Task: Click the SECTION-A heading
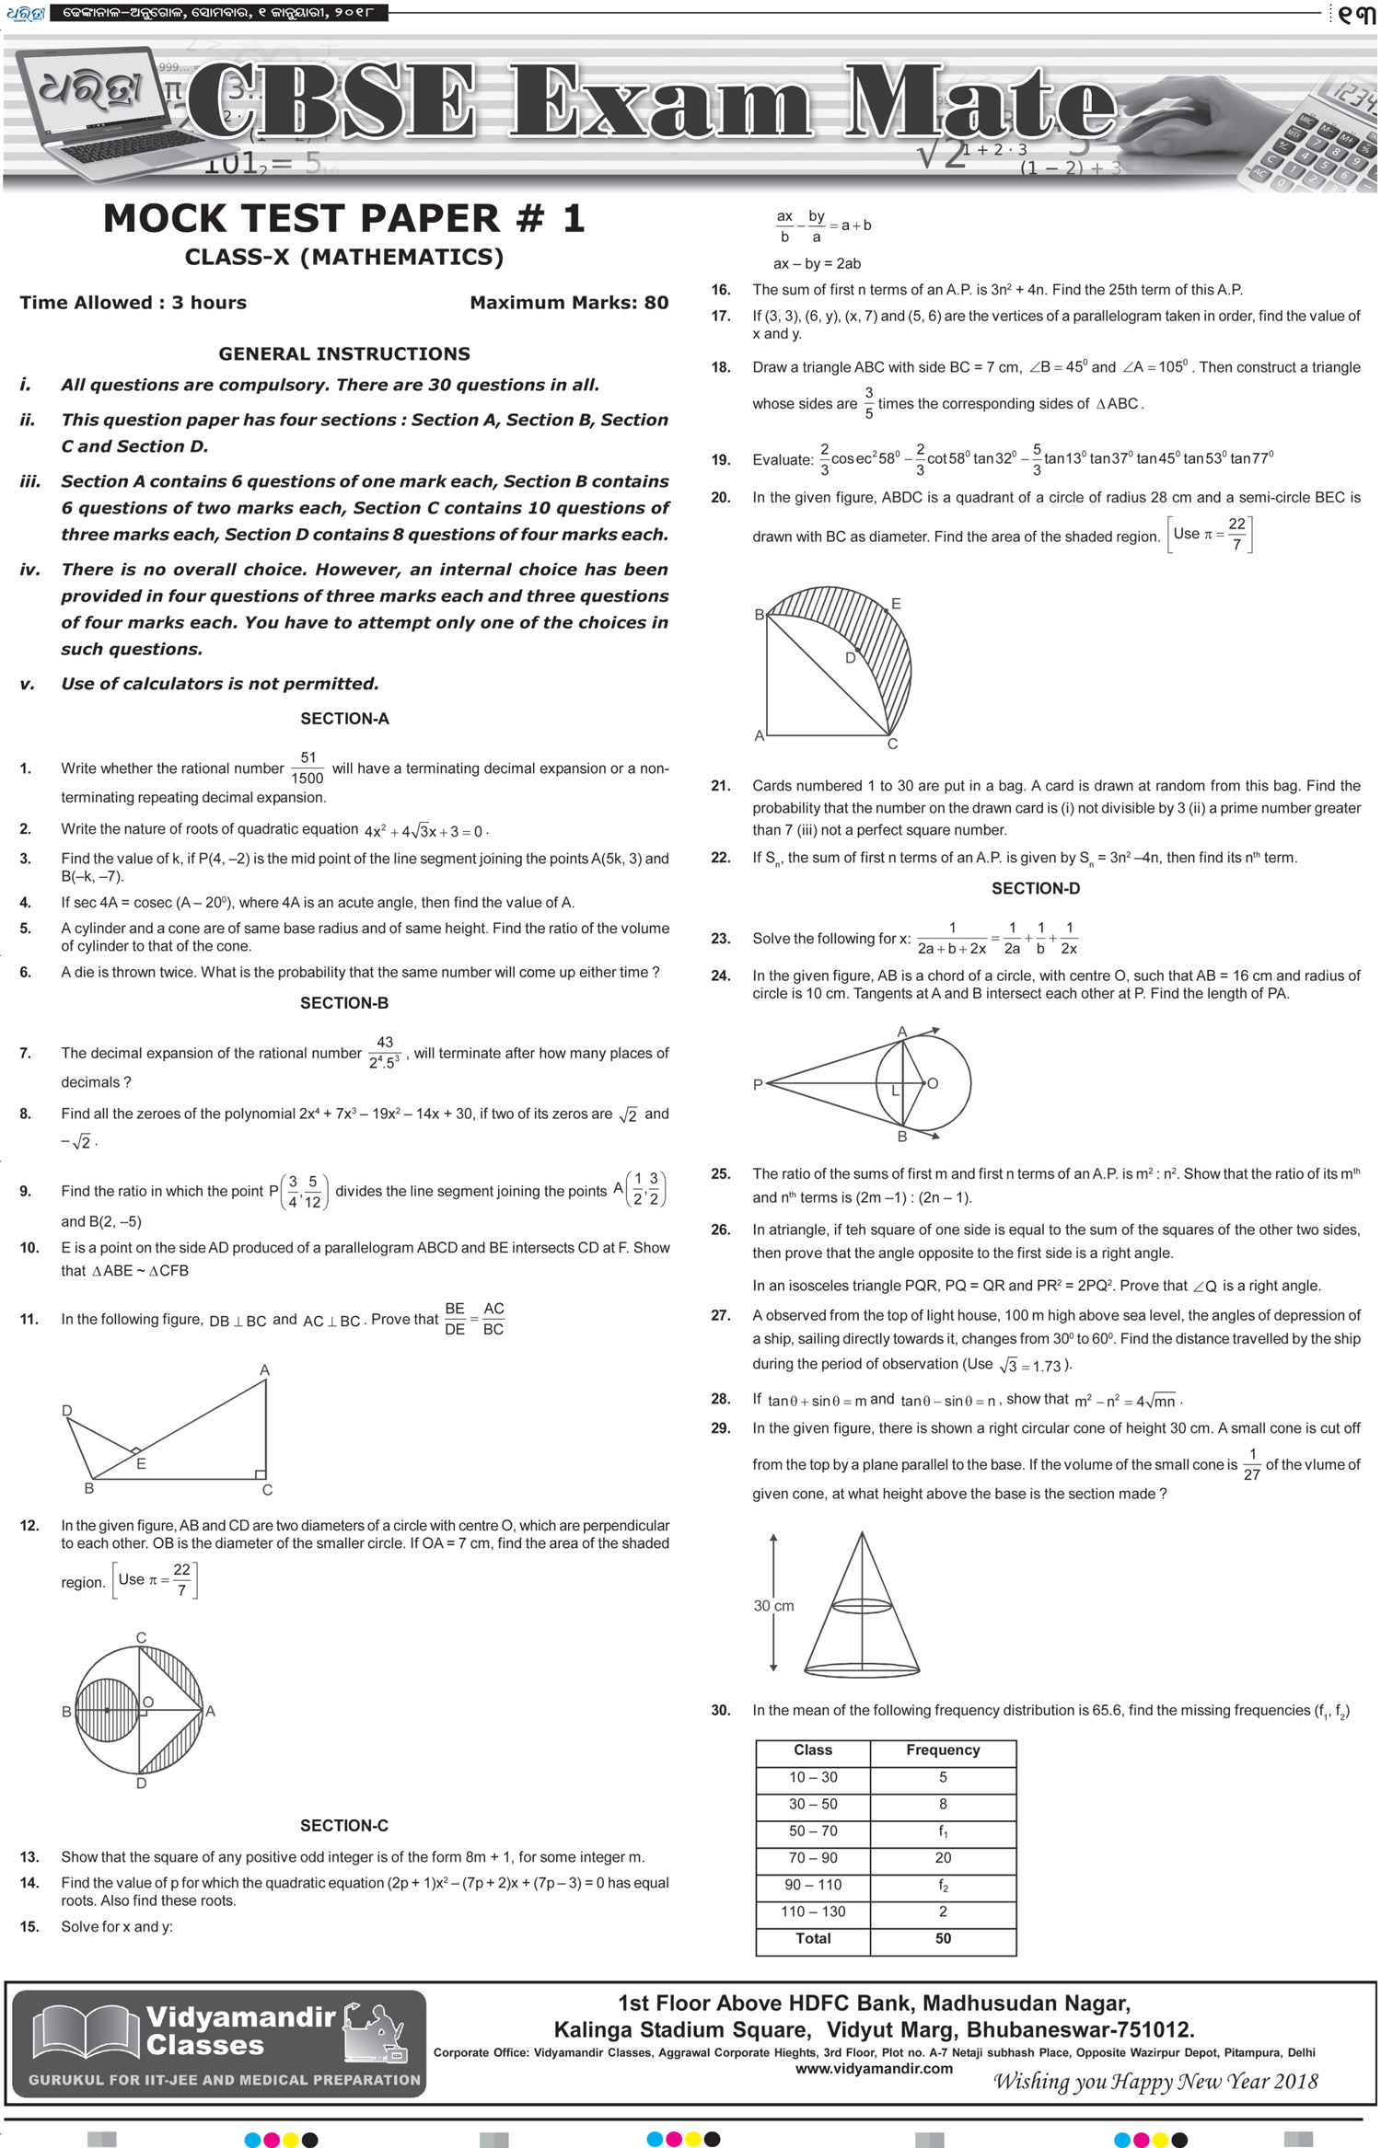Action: click(344, 719)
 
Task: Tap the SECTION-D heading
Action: click(1035, 888)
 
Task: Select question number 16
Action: click(720, 290)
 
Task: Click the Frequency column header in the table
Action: click(943, 1750)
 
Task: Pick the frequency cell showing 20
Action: click(943, 1857)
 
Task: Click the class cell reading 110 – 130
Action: click(813, 1911)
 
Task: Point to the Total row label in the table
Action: click(813, 1938)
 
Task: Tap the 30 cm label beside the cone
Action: click(773, 1606)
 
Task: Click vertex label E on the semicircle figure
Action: click(896, 604)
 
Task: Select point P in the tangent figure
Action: click(758, 1085)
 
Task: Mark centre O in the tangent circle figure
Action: click(932, 1083)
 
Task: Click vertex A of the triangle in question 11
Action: click(265, 1370)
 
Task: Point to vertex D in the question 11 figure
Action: click(66, 1411)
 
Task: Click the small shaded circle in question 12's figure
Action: click(107, 1711)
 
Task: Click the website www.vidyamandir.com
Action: click(874, 2069)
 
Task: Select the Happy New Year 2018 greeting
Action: click(1155, 2082)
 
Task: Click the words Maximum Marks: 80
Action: click(569, 303)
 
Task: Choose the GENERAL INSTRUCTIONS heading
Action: click(344, 353)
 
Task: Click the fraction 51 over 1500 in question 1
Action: click(308, 768)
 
